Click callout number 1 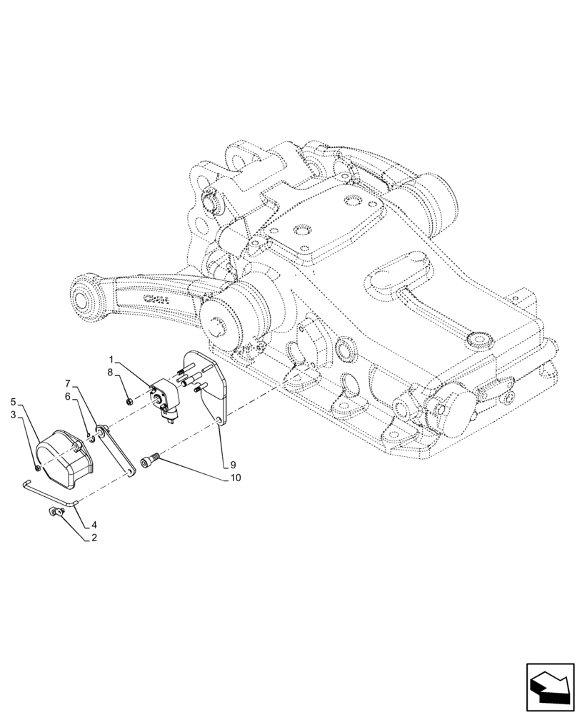pos(111,358)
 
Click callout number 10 pos(235,477)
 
